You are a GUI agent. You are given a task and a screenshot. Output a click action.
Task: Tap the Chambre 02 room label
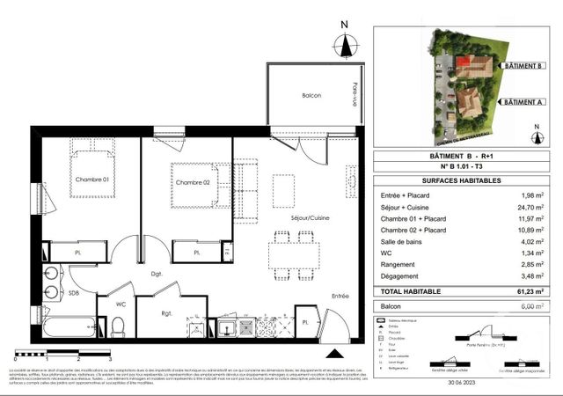pos(192,182)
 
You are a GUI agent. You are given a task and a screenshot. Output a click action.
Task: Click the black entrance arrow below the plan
pos(334,353)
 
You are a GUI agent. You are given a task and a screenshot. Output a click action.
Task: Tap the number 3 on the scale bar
pos(108,360)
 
